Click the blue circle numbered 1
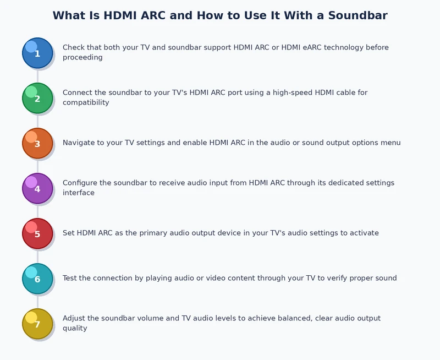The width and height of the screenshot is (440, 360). click(37, 53)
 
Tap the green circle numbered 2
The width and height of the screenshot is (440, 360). click(37, 98)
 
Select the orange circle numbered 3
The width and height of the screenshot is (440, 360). click(37, 143)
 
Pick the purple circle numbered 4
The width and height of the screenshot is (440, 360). click(37, 188)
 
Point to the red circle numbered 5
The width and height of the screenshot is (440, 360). click(37, 233)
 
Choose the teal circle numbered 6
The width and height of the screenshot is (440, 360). click(37, 279)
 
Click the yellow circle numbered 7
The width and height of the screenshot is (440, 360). click(37, 324)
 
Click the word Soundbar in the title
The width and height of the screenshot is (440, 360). click(358, 15)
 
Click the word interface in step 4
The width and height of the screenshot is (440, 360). click(79, 193)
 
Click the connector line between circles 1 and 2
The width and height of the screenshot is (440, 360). click(37, 75)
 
